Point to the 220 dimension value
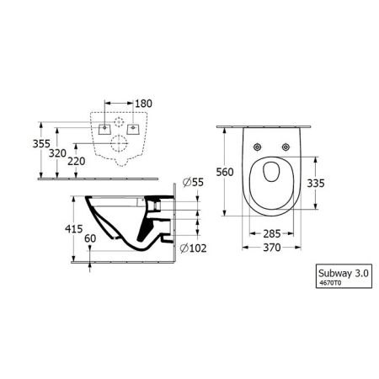point(56,161)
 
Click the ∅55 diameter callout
point(195,182)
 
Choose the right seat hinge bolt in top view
point(287,149)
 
